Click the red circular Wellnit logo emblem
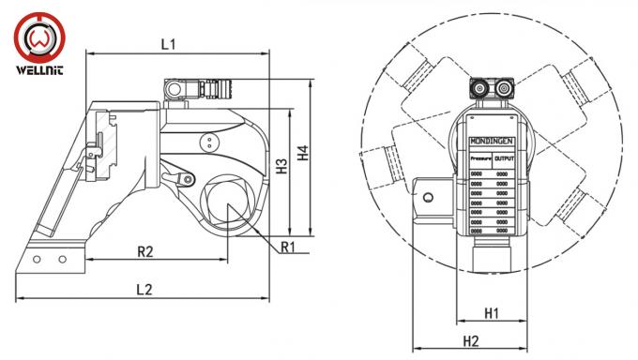(40, 38)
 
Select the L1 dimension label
(170, 43)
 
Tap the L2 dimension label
(144, 290)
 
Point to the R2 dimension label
(145, 251)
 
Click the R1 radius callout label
(288, 247)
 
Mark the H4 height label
(302, 152)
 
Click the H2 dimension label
(470, 340)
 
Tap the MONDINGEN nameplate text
(491, 142)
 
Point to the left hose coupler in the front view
(480, 90)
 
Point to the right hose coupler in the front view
(506, 90)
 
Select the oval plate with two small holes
(207, 142)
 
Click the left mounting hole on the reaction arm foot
(36, 259)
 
